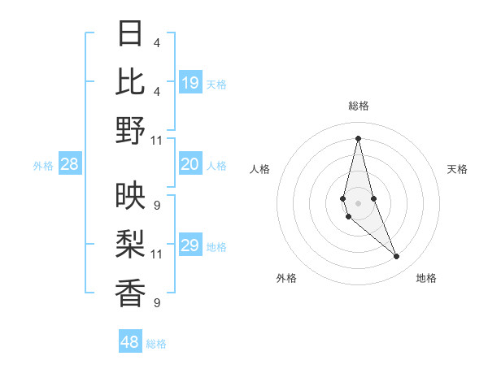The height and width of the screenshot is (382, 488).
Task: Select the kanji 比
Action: tap(130, 81)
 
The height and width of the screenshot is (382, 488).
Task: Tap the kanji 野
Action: tap(130, 130)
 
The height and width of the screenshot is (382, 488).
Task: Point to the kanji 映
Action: tap(130, 196)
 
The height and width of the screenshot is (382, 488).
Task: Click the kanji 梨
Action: tap(130, 244)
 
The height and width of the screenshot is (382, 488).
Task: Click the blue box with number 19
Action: tap(190, 82)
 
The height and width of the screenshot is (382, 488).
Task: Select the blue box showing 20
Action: tap(190, 164)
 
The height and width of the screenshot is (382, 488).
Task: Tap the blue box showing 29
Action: tap(190, 245)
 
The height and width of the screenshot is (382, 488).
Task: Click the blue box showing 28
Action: tap(70, 164)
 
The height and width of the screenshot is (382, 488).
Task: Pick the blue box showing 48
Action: tap(130, 342)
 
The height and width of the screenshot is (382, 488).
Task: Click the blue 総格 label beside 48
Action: tap(156, 344)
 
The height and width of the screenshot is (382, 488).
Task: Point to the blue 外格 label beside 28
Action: tap(43, 166)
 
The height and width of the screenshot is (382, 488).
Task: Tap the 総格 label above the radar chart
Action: tap(358, 106)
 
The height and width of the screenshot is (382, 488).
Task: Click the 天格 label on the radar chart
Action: tap(457, 169)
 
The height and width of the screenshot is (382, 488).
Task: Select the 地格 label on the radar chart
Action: tap(426, 278)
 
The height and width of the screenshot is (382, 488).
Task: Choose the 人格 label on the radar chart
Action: tap(260, 169)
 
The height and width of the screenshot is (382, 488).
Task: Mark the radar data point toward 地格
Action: tap(397, 256)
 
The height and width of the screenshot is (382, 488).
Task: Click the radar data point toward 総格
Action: tap(358, 137)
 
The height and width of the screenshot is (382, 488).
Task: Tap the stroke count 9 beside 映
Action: tap(156, 205)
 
